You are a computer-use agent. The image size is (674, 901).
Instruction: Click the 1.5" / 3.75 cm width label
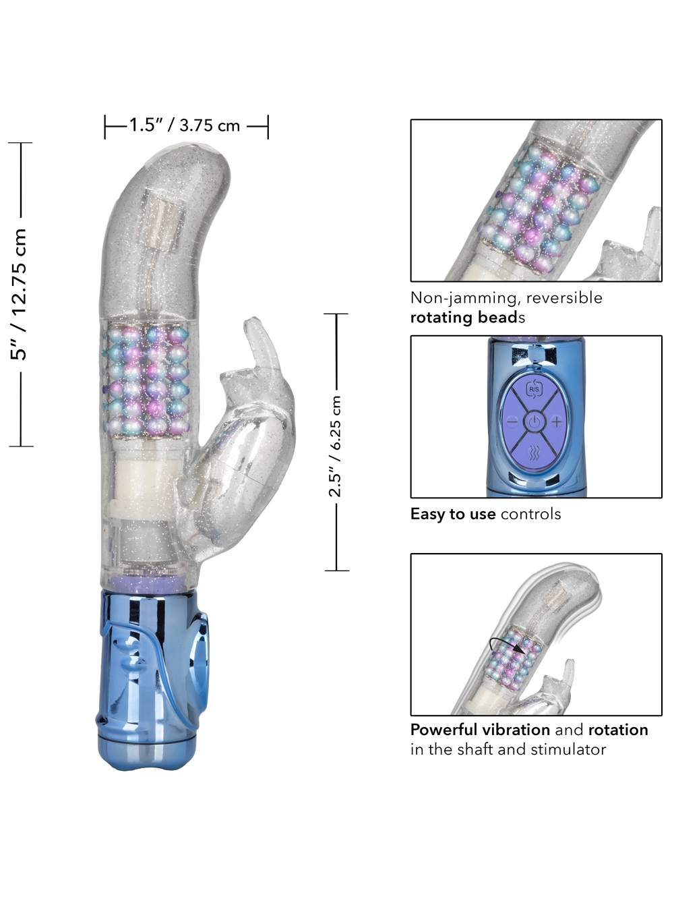185,125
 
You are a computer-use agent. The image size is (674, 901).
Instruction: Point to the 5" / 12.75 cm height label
19,294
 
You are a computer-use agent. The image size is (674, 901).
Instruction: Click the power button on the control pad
534,422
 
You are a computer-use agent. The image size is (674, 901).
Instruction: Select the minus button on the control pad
512,422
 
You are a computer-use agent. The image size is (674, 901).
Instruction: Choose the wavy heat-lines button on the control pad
534,453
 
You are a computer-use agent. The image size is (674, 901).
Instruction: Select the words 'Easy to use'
453,515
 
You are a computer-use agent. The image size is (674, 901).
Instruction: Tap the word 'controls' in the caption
531,515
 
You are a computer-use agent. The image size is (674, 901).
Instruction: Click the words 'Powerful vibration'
480,730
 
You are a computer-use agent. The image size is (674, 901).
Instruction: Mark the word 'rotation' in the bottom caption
618,730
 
